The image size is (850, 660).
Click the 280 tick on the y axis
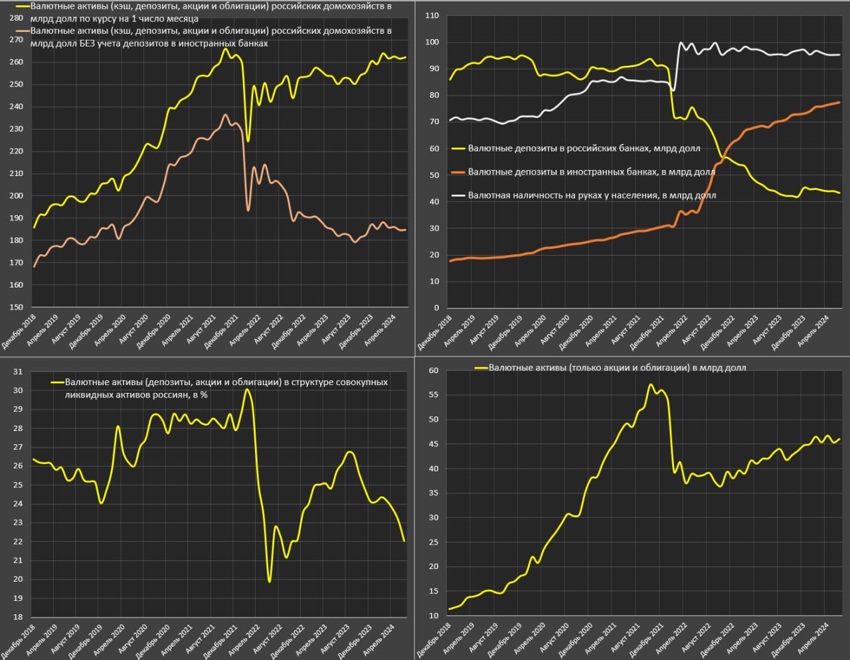[x=17, y=18]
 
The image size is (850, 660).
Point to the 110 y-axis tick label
[x=432, y=15]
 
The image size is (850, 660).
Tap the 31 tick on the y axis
[x=18, y=371]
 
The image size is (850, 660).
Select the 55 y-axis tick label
[x=433, y=394]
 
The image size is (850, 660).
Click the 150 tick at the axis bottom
[x=15, y=307]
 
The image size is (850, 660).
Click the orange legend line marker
[x=458, y=172]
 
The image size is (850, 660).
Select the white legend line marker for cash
[x=458, y=195]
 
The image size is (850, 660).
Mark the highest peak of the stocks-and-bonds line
[x=651, y=384]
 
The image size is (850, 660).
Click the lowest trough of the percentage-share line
[x=269, y=582]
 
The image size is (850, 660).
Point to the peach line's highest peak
[x=226, y=115]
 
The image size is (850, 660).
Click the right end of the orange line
[x=839, y=102]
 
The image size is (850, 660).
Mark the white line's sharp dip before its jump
[x=673, y=90]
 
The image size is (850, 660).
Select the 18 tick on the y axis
[x=18, y=617]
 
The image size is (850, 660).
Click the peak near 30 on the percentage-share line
[x=247, y=389]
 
